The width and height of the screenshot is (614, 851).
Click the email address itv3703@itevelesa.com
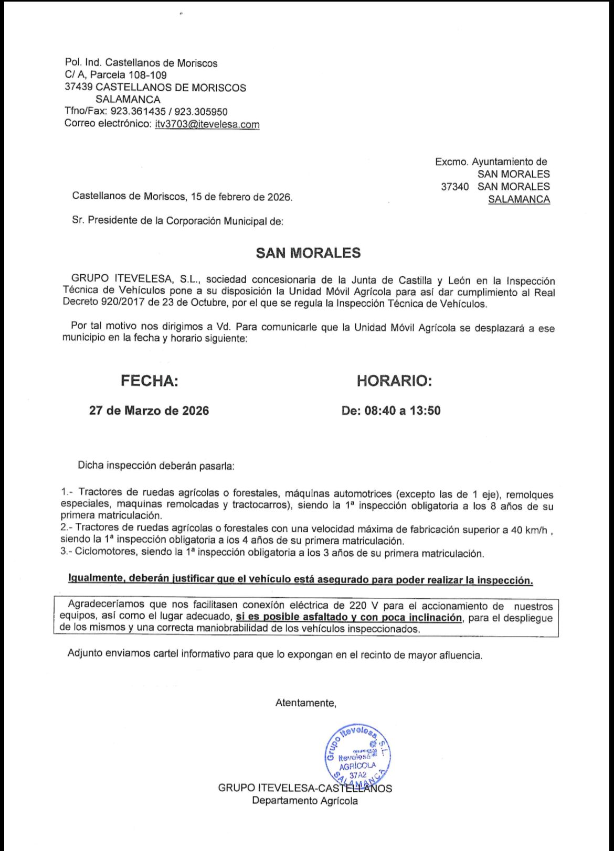[x=207, y=124]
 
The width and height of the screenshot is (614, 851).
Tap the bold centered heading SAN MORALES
[x=308, y=253]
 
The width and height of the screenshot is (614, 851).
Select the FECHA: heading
[x=150, y=381]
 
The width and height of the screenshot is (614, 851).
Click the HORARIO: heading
[x=394, y=381]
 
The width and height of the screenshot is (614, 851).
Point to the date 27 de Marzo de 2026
[x=149, y=411]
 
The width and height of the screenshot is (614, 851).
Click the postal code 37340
[x=454, y=187]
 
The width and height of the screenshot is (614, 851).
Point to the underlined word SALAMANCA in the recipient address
[x=518, y=199]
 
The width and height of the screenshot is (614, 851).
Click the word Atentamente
[x=305, y=703]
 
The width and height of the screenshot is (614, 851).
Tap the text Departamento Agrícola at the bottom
[x=305, y=801]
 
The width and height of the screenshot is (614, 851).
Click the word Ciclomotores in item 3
[x=102, y=553]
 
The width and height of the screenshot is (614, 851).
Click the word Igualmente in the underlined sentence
[x=95, y=579]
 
